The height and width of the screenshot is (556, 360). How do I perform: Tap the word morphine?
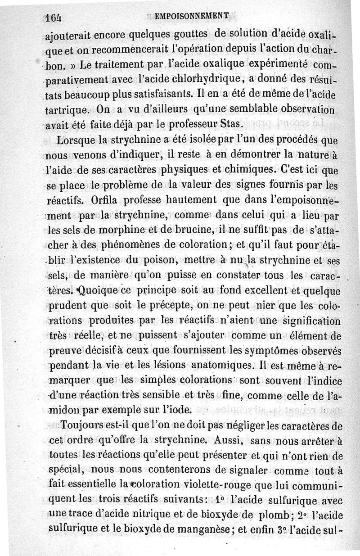click(x=121, y=230)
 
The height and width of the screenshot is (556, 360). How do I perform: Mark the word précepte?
click(x=162, y=307)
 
